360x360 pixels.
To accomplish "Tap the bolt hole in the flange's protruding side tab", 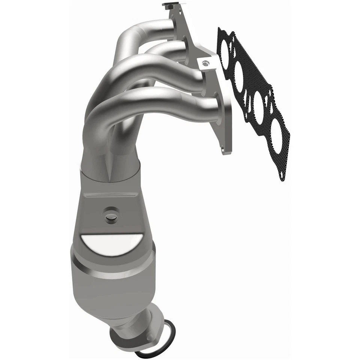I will pos(204,63).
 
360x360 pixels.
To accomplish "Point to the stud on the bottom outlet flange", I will pos(150,336).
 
